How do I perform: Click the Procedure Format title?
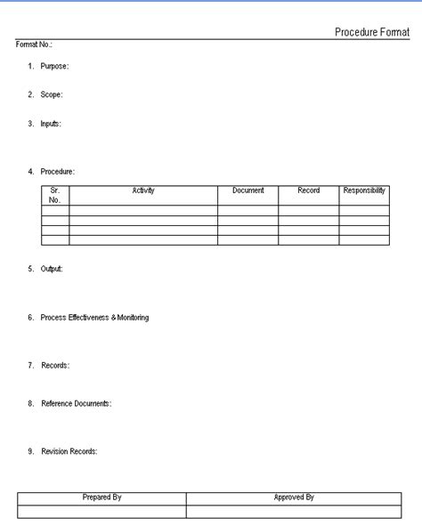point(371,32)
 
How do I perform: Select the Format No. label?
point(34,45)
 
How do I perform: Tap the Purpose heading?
point(54,67)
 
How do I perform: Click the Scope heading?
point(51,94)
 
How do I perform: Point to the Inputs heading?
point(51,124)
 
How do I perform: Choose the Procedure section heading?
point(57,171)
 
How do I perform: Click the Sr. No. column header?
point(55,195)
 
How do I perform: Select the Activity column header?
point(143,191)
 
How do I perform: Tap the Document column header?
point(248,191)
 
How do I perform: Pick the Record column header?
point(308,191)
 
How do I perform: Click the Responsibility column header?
point(364,191)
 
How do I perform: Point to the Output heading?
point(52,269)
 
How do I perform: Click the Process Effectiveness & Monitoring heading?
point(94,318)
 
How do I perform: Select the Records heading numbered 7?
point(55,366)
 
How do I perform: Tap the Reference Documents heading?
point(76,404)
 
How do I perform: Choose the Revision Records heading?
point(69,451)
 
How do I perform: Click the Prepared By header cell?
point(101,498)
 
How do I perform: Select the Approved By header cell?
point(294,498)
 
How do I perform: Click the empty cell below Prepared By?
point(101,511)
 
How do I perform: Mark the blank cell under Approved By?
point(294,511)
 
